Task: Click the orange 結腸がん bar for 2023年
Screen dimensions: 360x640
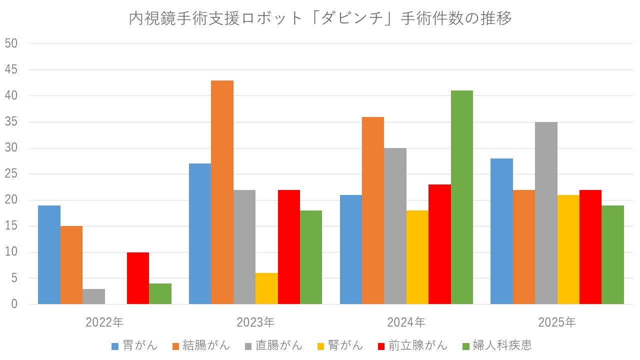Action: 222,192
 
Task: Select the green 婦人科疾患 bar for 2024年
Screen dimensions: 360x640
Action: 461,197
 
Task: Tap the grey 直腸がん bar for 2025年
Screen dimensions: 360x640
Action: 546,213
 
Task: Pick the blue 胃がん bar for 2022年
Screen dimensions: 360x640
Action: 49,255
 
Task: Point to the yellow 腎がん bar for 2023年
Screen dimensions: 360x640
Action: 266,288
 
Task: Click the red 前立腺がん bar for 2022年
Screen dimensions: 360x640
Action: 138,278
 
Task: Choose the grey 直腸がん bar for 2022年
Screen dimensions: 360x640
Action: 93,296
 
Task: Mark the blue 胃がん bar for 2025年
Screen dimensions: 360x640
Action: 501,231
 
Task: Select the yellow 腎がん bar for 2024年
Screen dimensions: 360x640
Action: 417,257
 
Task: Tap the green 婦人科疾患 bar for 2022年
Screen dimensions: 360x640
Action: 160,294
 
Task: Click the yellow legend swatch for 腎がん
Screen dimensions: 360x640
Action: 320,345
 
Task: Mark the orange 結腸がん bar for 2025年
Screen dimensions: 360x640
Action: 524,247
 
